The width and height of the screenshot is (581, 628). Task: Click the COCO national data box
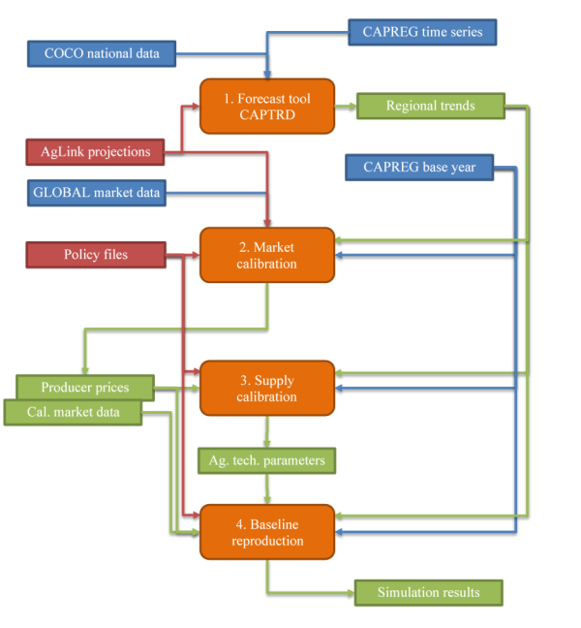click(x=102, y=53)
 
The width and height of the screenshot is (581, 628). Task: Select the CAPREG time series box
click(x=422, y=32)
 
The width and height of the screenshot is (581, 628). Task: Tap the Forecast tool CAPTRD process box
click(x=267, y=107)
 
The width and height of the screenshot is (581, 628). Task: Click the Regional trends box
click(x=431, y=107)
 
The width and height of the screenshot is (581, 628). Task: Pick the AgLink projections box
click(x=95, y=152)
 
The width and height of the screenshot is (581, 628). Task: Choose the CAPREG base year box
click(x=419, y=168)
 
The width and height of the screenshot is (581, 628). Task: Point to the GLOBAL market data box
click(x=97, y=193)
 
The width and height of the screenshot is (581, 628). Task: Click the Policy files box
click(x=96, y=255)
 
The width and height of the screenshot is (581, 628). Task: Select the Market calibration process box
click(x=267, y=255)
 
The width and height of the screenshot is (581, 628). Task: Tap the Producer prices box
click(x=85, y=388)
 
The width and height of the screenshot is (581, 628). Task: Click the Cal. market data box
click(x=73, y=413)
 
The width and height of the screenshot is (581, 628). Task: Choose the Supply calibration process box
click(x=267, y=388)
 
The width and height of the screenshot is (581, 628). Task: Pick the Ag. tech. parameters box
click(x=267, y=461)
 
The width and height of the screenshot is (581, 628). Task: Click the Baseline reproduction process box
click(x=267, y=532)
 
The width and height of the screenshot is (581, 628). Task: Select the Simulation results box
click(x=429, y=593)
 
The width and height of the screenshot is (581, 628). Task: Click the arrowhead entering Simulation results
click(x=351, y=593)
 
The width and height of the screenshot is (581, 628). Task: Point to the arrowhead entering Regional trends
click(x=352, y=107)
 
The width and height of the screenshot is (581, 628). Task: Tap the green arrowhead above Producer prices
click(x=85, y=371)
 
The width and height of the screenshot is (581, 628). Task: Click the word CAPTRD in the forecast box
click(x=267, y=115)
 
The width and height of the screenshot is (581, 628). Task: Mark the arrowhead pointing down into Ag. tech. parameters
click(x=267, y=444)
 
